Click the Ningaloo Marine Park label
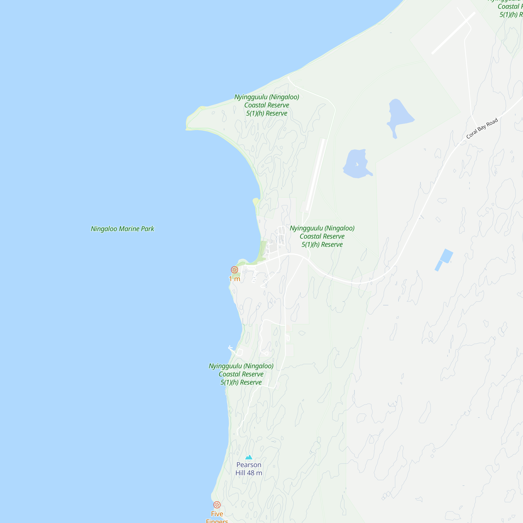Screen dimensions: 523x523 [x=122, y=229]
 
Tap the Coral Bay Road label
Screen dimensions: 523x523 [x=482, y=128]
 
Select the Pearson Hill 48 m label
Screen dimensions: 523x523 [x=249, y=469]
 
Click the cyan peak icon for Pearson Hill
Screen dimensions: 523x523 [x=249, y=457]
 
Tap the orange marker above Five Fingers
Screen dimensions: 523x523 [x=217, y=505]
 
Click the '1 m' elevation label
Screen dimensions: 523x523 [x=234, y=279]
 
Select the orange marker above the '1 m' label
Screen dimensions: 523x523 [x=234, y=270]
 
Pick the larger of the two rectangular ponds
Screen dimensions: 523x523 [x=446, y=256]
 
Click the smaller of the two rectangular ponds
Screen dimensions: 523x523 [x=439, y=266]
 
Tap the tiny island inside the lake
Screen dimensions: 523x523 [x=357, y=164]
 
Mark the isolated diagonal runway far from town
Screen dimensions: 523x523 [x=453, y=33]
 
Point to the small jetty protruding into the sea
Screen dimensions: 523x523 [x=230, y=348]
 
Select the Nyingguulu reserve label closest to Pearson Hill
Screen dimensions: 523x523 [x=241, y=374]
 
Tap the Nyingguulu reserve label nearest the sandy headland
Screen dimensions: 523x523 [x=267, y=105]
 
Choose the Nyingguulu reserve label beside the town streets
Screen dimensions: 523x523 [x=322, y=236]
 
